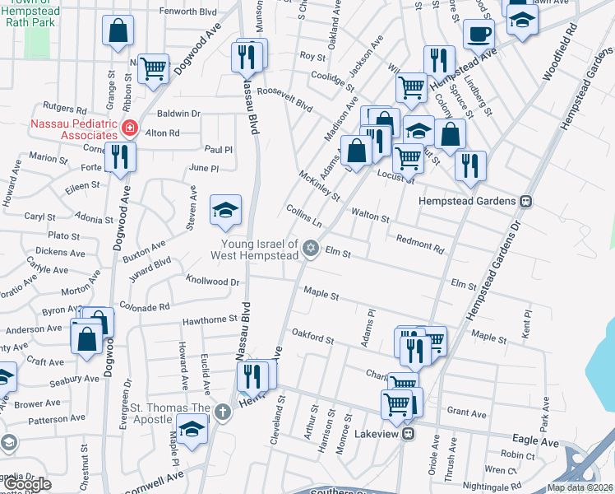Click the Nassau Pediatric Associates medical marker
coord(129,128)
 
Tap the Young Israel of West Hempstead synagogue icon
coord(311,248)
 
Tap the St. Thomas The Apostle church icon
coord(222,411)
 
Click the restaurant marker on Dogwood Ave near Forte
coord(121,156)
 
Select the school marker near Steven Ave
coord(225,209)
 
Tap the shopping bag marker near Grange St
coord(118,31)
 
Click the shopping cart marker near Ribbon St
coord(153,69)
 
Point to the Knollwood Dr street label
coord(212,281)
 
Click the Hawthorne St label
coord(210,319)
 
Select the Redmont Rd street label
coord(419,244)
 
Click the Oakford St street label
coord(312,336)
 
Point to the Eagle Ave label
coord(538,443)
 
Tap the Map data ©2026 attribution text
coord(579,487)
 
